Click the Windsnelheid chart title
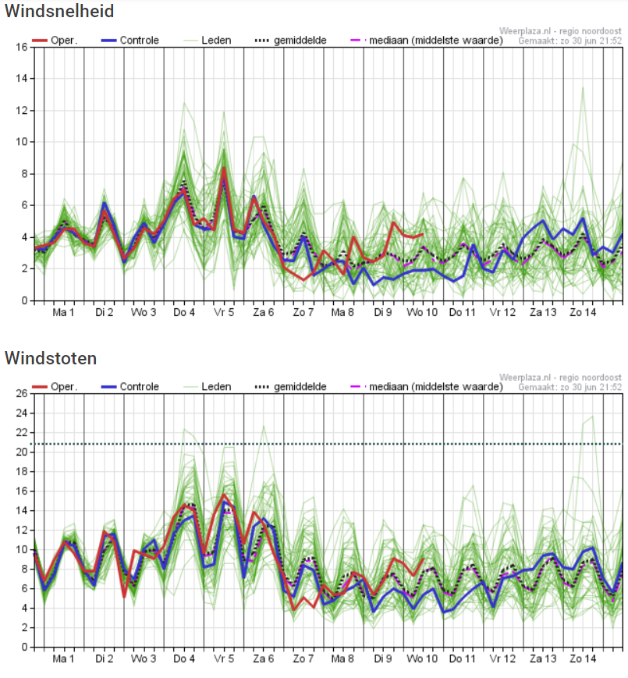(x=59, y=11)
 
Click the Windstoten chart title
(x=51, y=358)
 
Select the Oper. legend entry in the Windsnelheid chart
(x=55, y=41)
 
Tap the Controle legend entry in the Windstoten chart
(x=130, y=386)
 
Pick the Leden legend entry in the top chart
(x=208, y=41)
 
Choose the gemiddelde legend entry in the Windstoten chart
(x=291, y=386)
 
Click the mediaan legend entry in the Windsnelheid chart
(x=427, y=41)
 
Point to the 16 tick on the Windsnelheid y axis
(x=22, y=47)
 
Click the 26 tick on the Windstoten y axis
(x=22, y=393)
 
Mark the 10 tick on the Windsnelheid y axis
(x=22, y=142)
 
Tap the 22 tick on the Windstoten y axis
(x=22, y=432)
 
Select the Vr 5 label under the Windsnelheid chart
(x=224, y=312)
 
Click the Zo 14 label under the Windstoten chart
(x=583, y=659)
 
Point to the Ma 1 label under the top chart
(x=63, y=312)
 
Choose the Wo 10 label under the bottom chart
(x=422, y=659)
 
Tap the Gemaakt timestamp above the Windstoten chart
(x=569, y=387)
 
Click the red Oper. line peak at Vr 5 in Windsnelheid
(x=224, y=168)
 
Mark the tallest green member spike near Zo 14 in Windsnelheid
(x=583, y=88)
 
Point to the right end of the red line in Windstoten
(x=423, y=559)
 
